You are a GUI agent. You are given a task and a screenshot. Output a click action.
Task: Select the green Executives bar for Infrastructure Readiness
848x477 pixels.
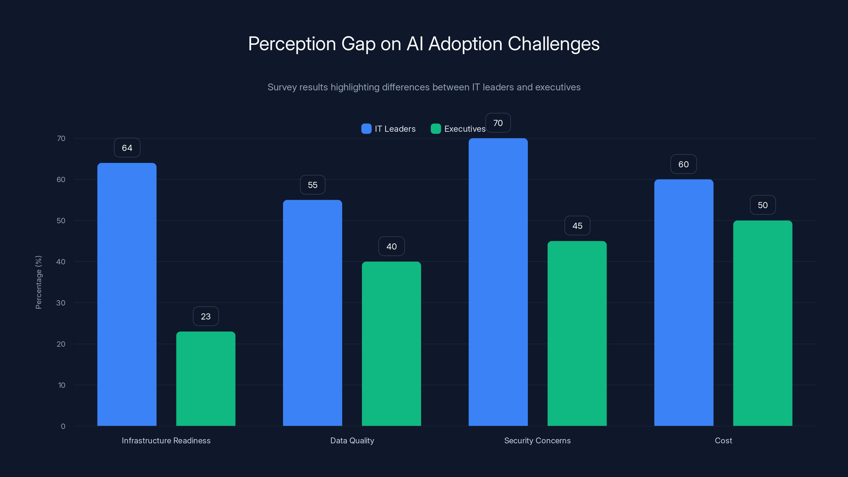[206, 379]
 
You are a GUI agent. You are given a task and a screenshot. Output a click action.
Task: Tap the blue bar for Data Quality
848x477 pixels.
[312, 313]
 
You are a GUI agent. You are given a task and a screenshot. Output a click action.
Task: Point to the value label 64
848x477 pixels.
[127, 148]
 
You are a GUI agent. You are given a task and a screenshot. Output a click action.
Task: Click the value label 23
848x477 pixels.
[206, 316]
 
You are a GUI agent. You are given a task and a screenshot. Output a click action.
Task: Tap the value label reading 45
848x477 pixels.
[577, 226]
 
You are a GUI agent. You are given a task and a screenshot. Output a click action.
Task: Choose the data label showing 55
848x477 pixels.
[312, 185]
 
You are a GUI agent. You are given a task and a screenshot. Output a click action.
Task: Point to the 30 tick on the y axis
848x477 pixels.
[61, 303]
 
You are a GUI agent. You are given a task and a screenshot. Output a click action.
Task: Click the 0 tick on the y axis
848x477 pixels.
[63, 426]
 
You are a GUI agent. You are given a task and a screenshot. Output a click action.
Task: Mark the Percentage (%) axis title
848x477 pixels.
[38, 282]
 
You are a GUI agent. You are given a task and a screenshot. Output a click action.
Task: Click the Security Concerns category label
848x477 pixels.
[537, 440]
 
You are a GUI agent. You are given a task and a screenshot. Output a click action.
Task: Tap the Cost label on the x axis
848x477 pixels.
[723, 440]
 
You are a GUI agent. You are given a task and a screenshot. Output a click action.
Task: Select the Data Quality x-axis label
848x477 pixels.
[352, 440]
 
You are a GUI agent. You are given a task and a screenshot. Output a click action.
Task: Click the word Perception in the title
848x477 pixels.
[292, 44]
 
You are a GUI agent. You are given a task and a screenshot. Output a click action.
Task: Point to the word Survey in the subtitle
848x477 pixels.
[281, 87]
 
